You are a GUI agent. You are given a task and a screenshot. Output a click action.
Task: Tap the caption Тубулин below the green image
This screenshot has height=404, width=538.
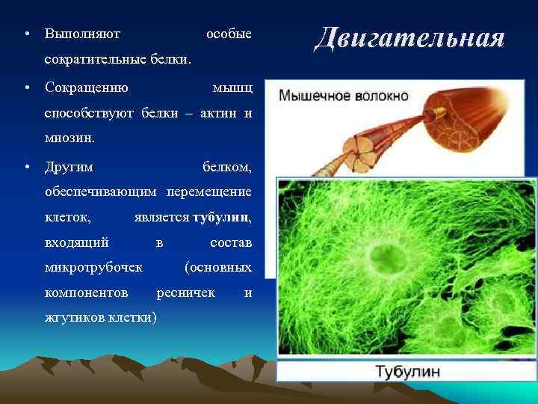pos(406,372)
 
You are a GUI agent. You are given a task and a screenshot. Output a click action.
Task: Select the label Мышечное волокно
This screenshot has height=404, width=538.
pos(344,96)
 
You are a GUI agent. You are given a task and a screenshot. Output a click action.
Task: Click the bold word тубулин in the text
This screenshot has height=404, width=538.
pos(221,218)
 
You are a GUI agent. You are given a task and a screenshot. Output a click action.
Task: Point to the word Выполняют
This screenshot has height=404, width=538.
pos(83,34)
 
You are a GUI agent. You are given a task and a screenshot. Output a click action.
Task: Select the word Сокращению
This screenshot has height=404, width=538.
pos(86,88)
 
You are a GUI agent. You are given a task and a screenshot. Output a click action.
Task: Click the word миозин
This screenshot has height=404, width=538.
pos(70,138)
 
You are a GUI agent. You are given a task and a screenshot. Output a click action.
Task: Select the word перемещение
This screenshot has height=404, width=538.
pos(214,192)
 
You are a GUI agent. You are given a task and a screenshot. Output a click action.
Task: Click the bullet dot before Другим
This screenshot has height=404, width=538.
pos(26,165)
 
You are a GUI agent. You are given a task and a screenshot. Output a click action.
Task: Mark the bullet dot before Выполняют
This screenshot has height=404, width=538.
pos(26,35)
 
